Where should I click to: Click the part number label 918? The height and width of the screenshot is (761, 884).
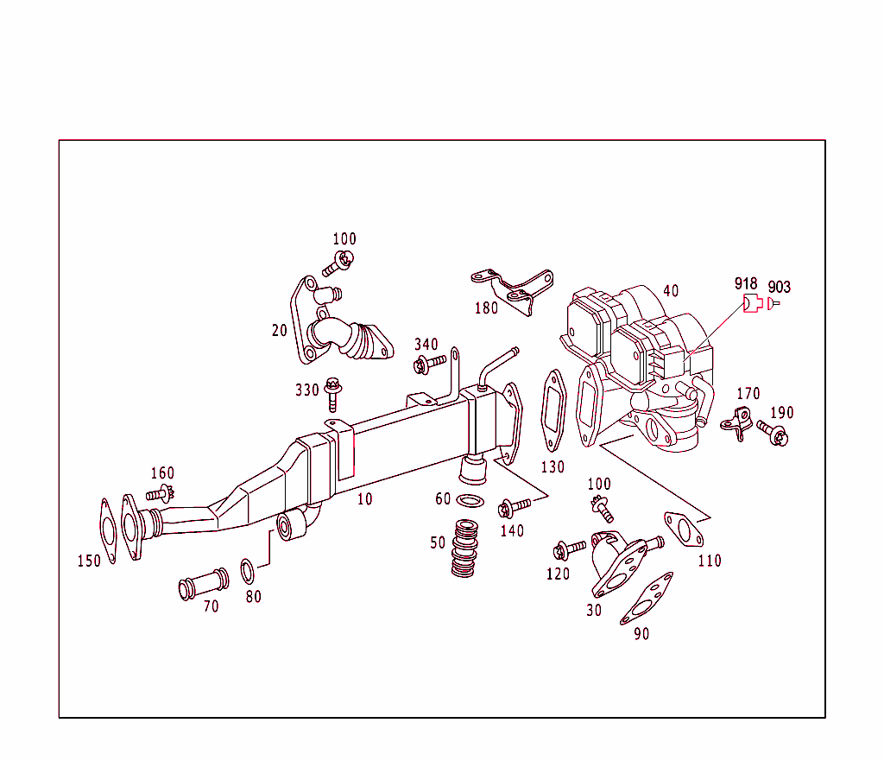tap(746, 284)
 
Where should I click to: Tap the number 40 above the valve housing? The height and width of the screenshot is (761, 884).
tap(671, 291)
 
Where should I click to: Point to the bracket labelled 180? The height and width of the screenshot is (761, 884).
tap(513, 289)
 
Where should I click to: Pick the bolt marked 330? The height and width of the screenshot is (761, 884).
tap(333, 395)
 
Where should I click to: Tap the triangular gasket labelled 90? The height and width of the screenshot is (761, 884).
tap(647, 598)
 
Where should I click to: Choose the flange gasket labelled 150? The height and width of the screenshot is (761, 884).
tap(108, 528)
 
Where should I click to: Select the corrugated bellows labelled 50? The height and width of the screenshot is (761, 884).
tap(466, 550)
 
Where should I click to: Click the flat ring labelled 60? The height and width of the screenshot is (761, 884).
tap(470, 502)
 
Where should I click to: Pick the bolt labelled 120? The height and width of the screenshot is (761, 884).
tap(569, 549)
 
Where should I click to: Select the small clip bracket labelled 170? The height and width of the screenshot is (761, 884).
tap(736, 423)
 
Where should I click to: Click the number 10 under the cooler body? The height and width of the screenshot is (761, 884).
tap(365, 499)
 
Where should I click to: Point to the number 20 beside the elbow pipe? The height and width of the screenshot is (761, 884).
tap(279, 330)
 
